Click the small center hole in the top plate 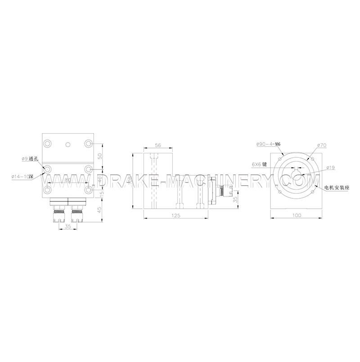coord(67,144)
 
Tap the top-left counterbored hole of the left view coord(47,143)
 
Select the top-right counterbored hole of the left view coord(88,143)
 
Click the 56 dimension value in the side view coord(157,145)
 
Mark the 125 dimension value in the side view coord(176,216)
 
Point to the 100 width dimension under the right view coord(297,215)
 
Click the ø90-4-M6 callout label coord(268,144)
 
